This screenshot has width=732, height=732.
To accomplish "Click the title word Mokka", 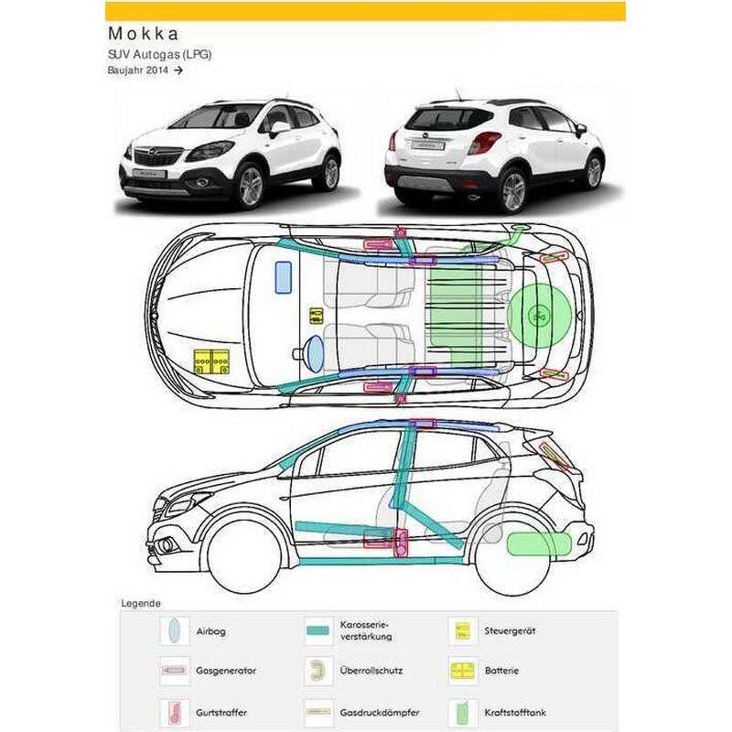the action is (x=144, y=34).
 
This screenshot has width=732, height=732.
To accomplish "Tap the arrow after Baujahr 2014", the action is (x=178, y=70).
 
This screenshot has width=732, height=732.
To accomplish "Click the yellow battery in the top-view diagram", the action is (x=211, y=361).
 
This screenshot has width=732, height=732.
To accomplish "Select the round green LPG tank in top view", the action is (x=539, y=316).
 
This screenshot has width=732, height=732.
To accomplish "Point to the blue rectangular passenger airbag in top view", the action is (x=284, y=277).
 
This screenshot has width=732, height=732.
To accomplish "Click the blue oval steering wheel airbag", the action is (x=315, y=354).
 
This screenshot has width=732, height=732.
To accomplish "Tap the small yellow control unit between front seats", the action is (x=317, y=316).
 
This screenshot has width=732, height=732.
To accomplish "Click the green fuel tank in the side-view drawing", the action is (x=539, y=544).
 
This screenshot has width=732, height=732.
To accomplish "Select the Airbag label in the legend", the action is (x=211, y=631).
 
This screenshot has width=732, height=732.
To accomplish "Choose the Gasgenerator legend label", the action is (x=226, y=671).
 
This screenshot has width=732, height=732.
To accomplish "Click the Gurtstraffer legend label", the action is (x=221, y=713).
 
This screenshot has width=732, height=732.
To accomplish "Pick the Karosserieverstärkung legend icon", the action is (x=318, y=630).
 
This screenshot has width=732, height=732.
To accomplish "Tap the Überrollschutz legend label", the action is (x=371, y=671).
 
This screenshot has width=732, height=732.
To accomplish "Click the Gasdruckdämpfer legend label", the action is (x=380, y=713).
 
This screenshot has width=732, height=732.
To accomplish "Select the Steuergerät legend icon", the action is (x=463, y=630).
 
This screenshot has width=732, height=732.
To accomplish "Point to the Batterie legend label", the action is (x=501, y=671).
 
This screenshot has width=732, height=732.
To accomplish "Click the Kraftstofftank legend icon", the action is (x=463, y=713).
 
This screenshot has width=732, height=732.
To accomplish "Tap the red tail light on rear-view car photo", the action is (x=484, y=142).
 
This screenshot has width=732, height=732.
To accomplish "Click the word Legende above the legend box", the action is (x=141, y=603).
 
